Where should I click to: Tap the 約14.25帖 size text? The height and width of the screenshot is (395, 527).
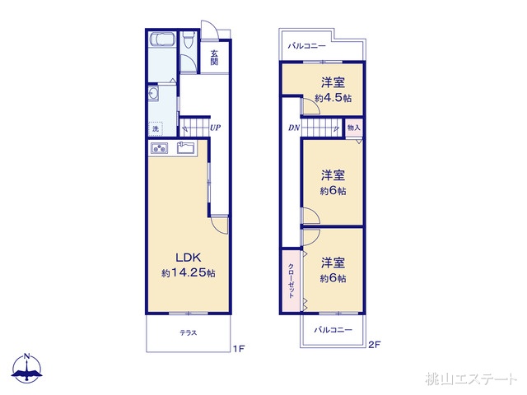[189, 272]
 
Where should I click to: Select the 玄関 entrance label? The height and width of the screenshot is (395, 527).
[214, 58]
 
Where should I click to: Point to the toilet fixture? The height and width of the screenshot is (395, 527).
[189, 39]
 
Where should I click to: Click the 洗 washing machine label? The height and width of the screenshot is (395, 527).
[155, 129]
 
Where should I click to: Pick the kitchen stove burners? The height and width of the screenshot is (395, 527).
[159, 148]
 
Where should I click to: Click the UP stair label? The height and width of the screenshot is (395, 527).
[214, 128]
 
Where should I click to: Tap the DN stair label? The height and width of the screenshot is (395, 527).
[293, 128]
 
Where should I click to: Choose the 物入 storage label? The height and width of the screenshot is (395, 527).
[353, 128]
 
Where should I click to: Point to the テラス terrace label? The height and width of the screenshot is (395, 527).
[189, 332]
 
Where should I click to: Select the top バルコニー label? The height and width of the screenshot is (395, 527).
[306, 46]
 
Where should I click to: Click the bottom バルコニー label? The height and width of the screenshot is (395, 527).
[333, 330]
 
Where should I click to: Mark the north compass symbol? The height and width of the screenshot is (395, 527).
[27, 368]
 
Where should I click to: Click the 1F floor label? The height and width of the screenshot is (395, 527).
[238, 349]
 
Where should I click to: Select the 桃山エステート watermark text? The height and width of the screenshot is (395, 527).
[472, 379]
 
